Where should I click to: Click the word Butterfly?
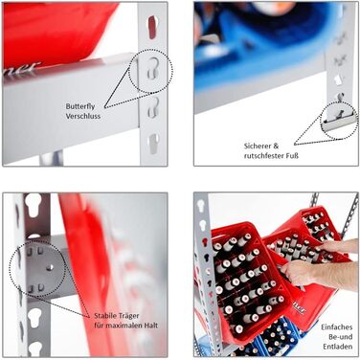80,106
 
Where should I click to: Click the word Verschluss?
83,116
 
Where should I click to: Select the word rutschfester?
263,156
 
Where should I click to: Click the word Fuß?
292,156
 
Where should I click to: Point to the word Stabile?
105,316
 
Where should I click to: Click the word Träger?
128,316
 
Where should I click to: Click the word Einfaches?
337,327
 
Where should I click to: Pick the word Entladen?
338,347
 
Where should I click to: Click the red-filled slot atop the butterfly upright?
152,27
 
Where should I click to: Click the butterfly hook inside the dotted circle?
153,68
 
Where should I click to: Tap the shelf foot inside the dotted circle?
338,122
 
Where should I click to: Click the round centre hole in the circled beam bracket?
49,267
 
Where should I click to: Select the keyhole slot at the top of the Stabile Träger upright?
34,204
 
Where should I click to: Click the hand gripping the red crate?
300,273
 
